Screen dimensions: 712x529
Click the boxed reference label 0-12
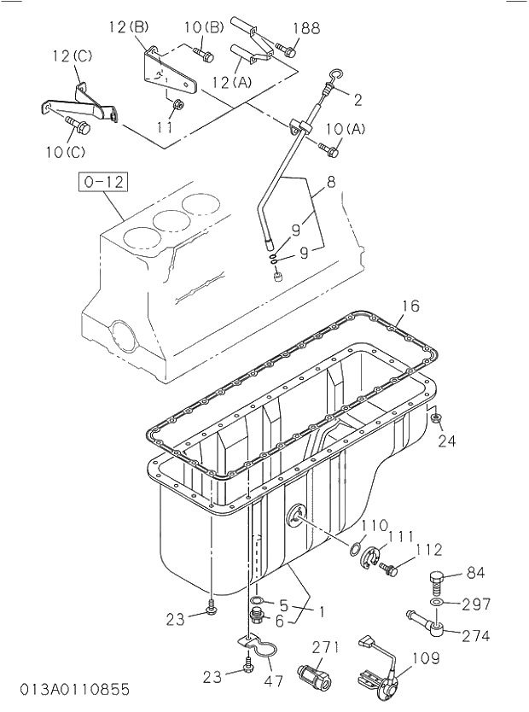[102, 181]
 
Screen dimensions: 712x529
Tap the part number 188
[306, 29]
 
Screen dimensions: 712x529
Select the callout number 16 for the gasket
[410, 306]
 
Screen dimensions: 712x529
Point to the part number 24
[447, 441]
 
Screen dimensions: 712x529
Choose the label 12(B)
[128, 27]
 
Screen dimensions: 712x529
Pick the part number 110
[374, 524]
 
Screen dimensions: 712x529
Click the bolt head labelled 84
[435, 581]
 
